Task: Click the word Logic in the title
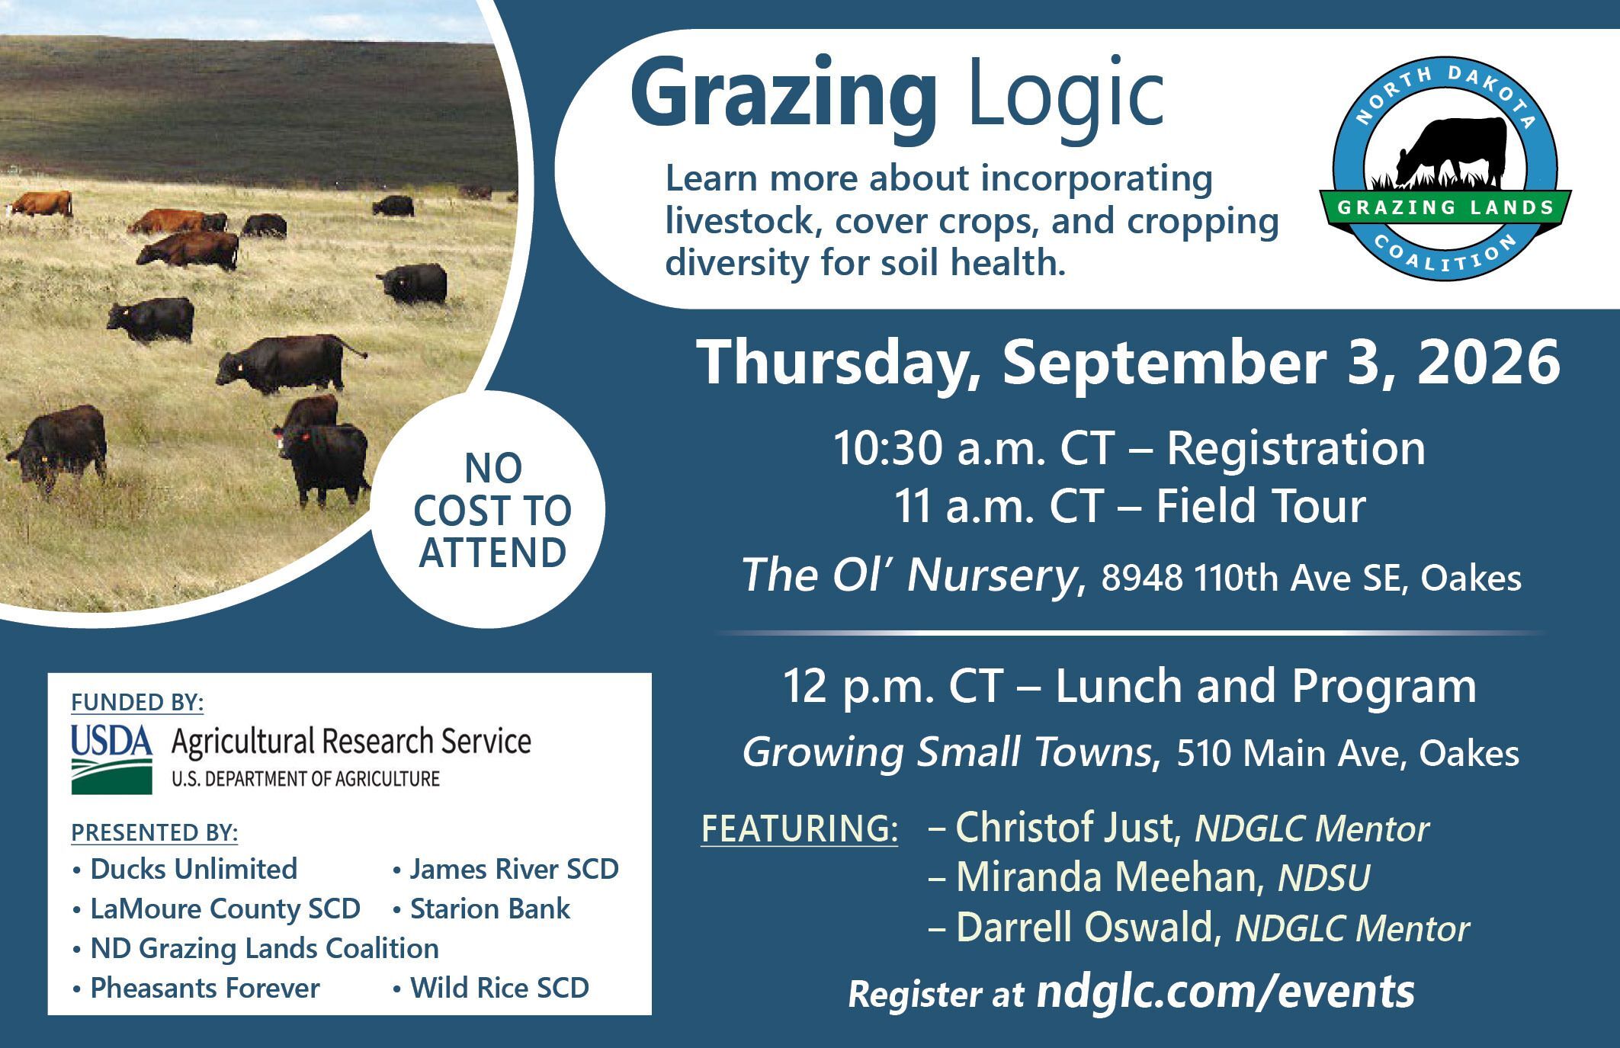coord(1067,99)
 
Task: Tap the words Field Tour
coord(1260,507)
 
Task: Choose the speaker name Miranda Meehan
coord(1105,877)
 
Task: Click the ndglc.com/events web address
coord(1225,991)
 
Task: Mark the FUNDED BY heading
coord(137,703)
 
